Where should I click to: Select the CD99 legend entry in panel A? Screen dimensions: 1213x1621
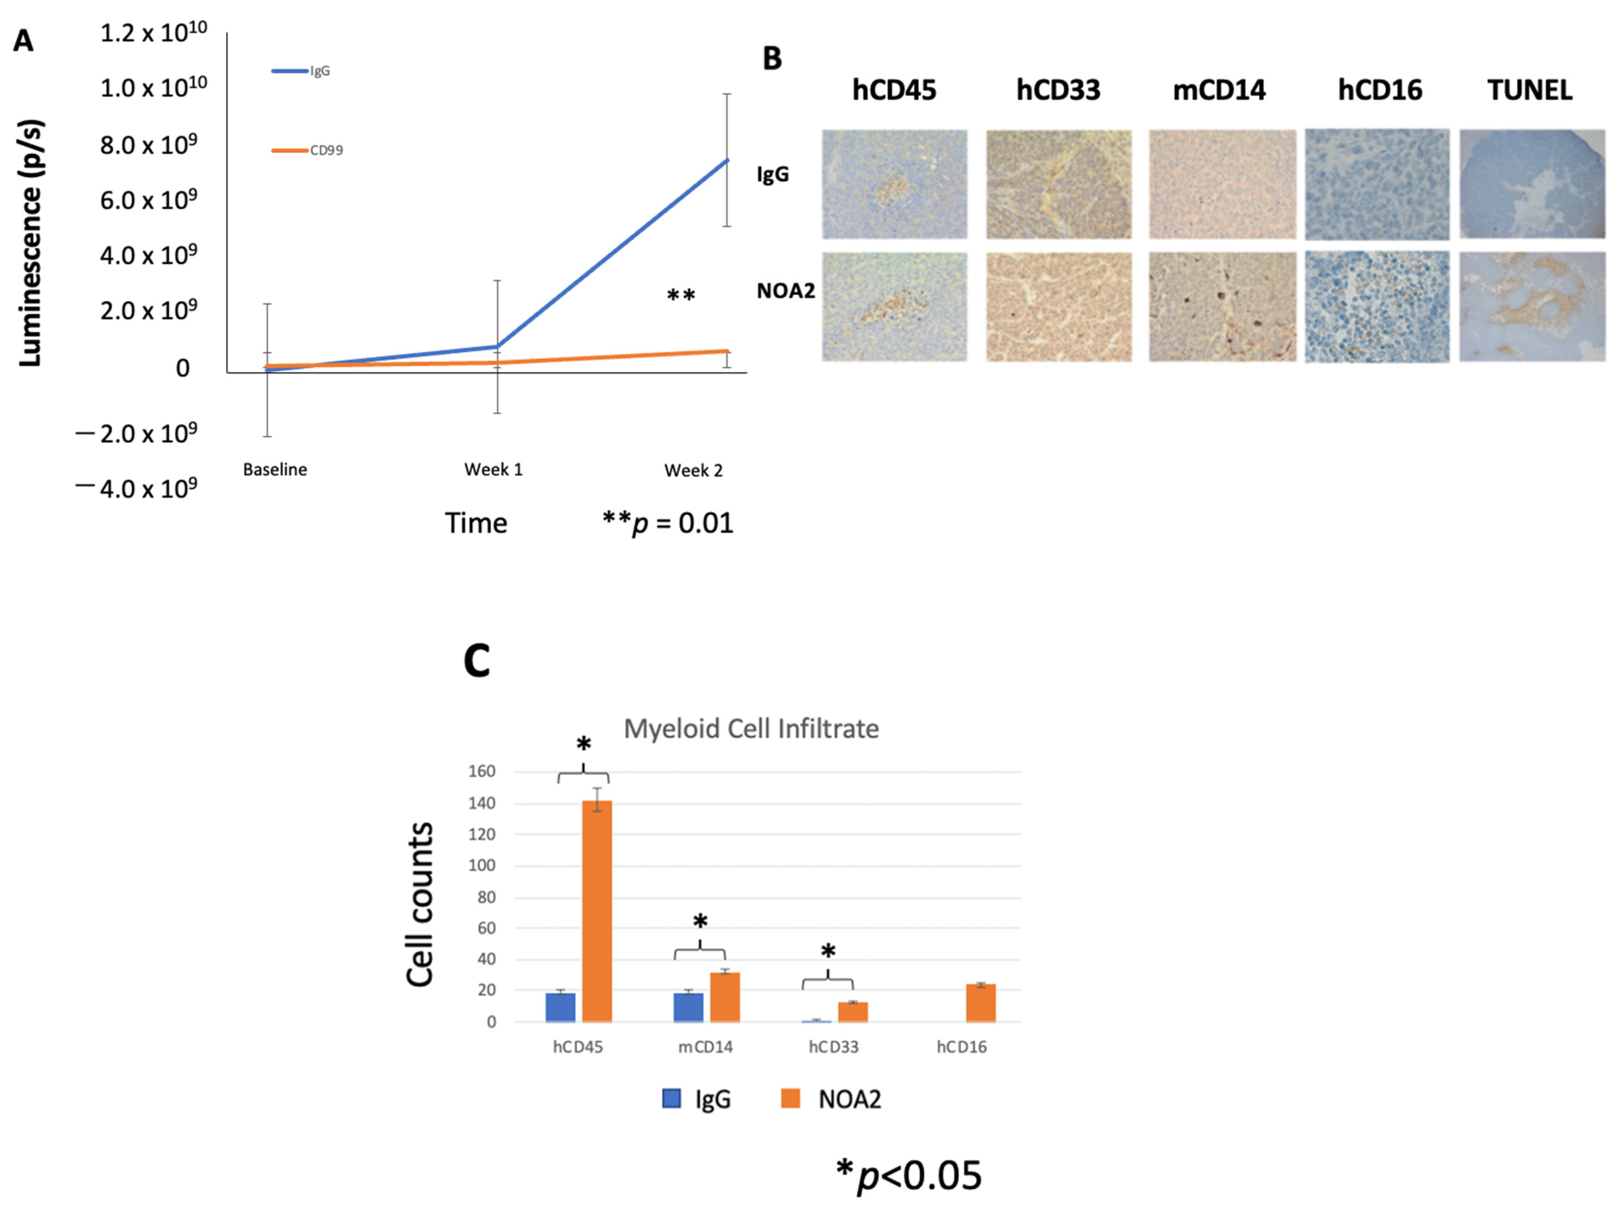tap(308, 150)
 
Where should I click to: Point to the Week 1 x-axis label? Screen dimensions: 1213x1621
tap(493, 470)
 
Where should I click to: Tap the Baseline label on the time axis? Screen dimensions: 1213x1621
tap(275, 470)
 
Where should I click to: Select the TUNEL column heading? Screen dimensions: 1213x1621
tap(1530, 90)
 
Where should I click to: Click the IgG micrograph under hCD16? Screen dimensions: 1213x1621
tap(1377, 185)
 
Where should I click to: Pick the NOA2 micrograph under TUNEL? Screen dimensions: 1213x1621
tap(1532, 307)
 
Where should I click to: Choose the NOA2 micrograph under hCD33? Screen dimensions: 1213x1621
tap(1058, 307)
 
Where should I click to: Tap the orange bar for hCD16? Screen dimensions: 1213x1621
tap(981, 1003)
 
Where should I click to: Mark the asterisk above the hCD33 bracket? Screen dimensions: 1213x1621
tap(828, 951)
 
